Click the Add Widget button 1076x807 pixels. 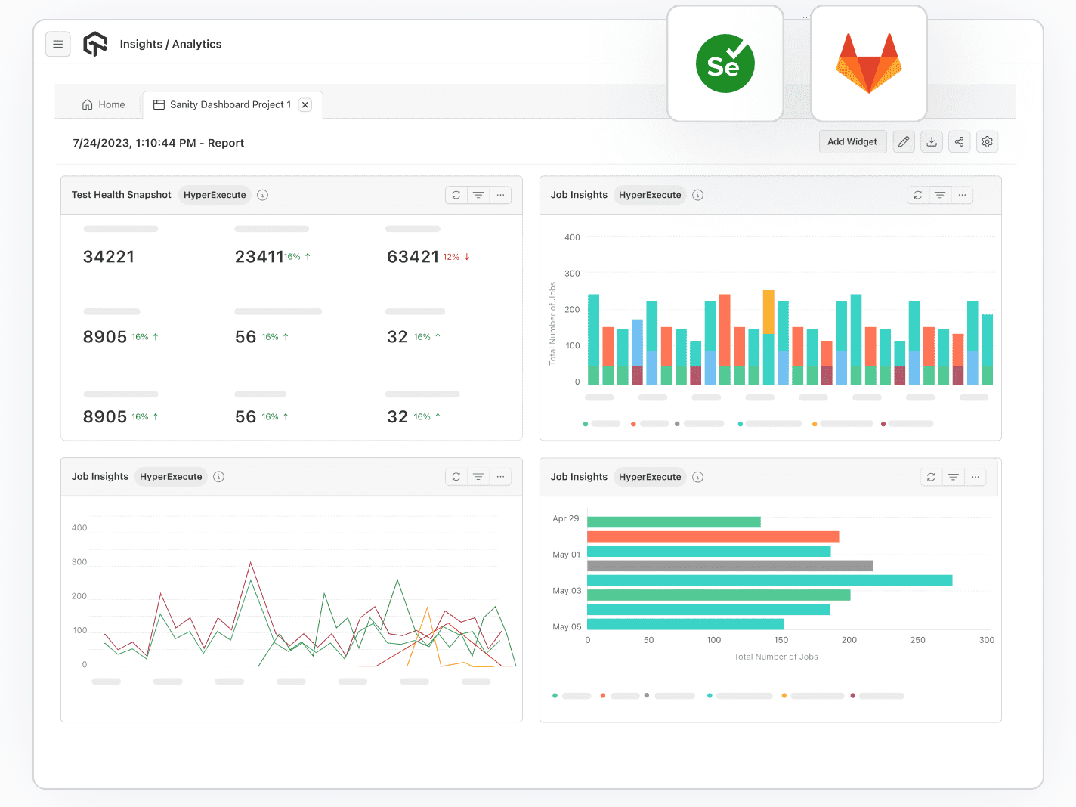tap(852, 142)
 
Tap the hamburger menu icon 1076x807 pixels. tap(58, 45)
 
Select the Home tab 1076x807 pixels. tap(104, 105)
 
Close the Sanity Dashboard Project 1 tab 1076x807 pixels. tap(305, 105)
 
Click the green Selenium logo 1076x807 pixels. tap(725, 64)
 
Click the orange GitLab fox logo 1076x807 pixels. tap(868, 63)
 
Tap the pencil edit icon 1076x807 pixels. tap(904, 142)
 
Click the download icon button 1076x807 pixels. tap(932, 142)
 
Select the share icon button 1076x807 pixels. tap(959, 142)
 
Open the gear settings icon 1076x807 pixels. tap(987, 142)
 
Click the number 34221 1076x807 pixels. tap(109, 257)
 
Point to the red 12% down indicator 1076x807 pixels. tap(456, 257)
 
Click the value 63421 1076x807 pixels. tap(413, 257)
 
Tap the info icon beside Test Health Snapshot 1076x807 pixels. tap(263, 195)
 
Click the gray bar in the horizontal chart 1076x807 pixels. tap(730, 566)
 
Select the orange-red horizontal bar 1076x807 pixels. tap(713, 536)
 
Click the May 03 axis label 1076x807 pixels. tap(567, 591)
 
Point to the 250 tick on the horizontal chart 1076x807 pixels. tap(917, 640)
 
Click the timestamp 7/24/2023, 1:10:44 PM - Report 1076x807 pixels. tap(158, 144)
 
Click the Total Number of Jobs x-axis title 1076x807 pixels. tap(776, 657)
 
